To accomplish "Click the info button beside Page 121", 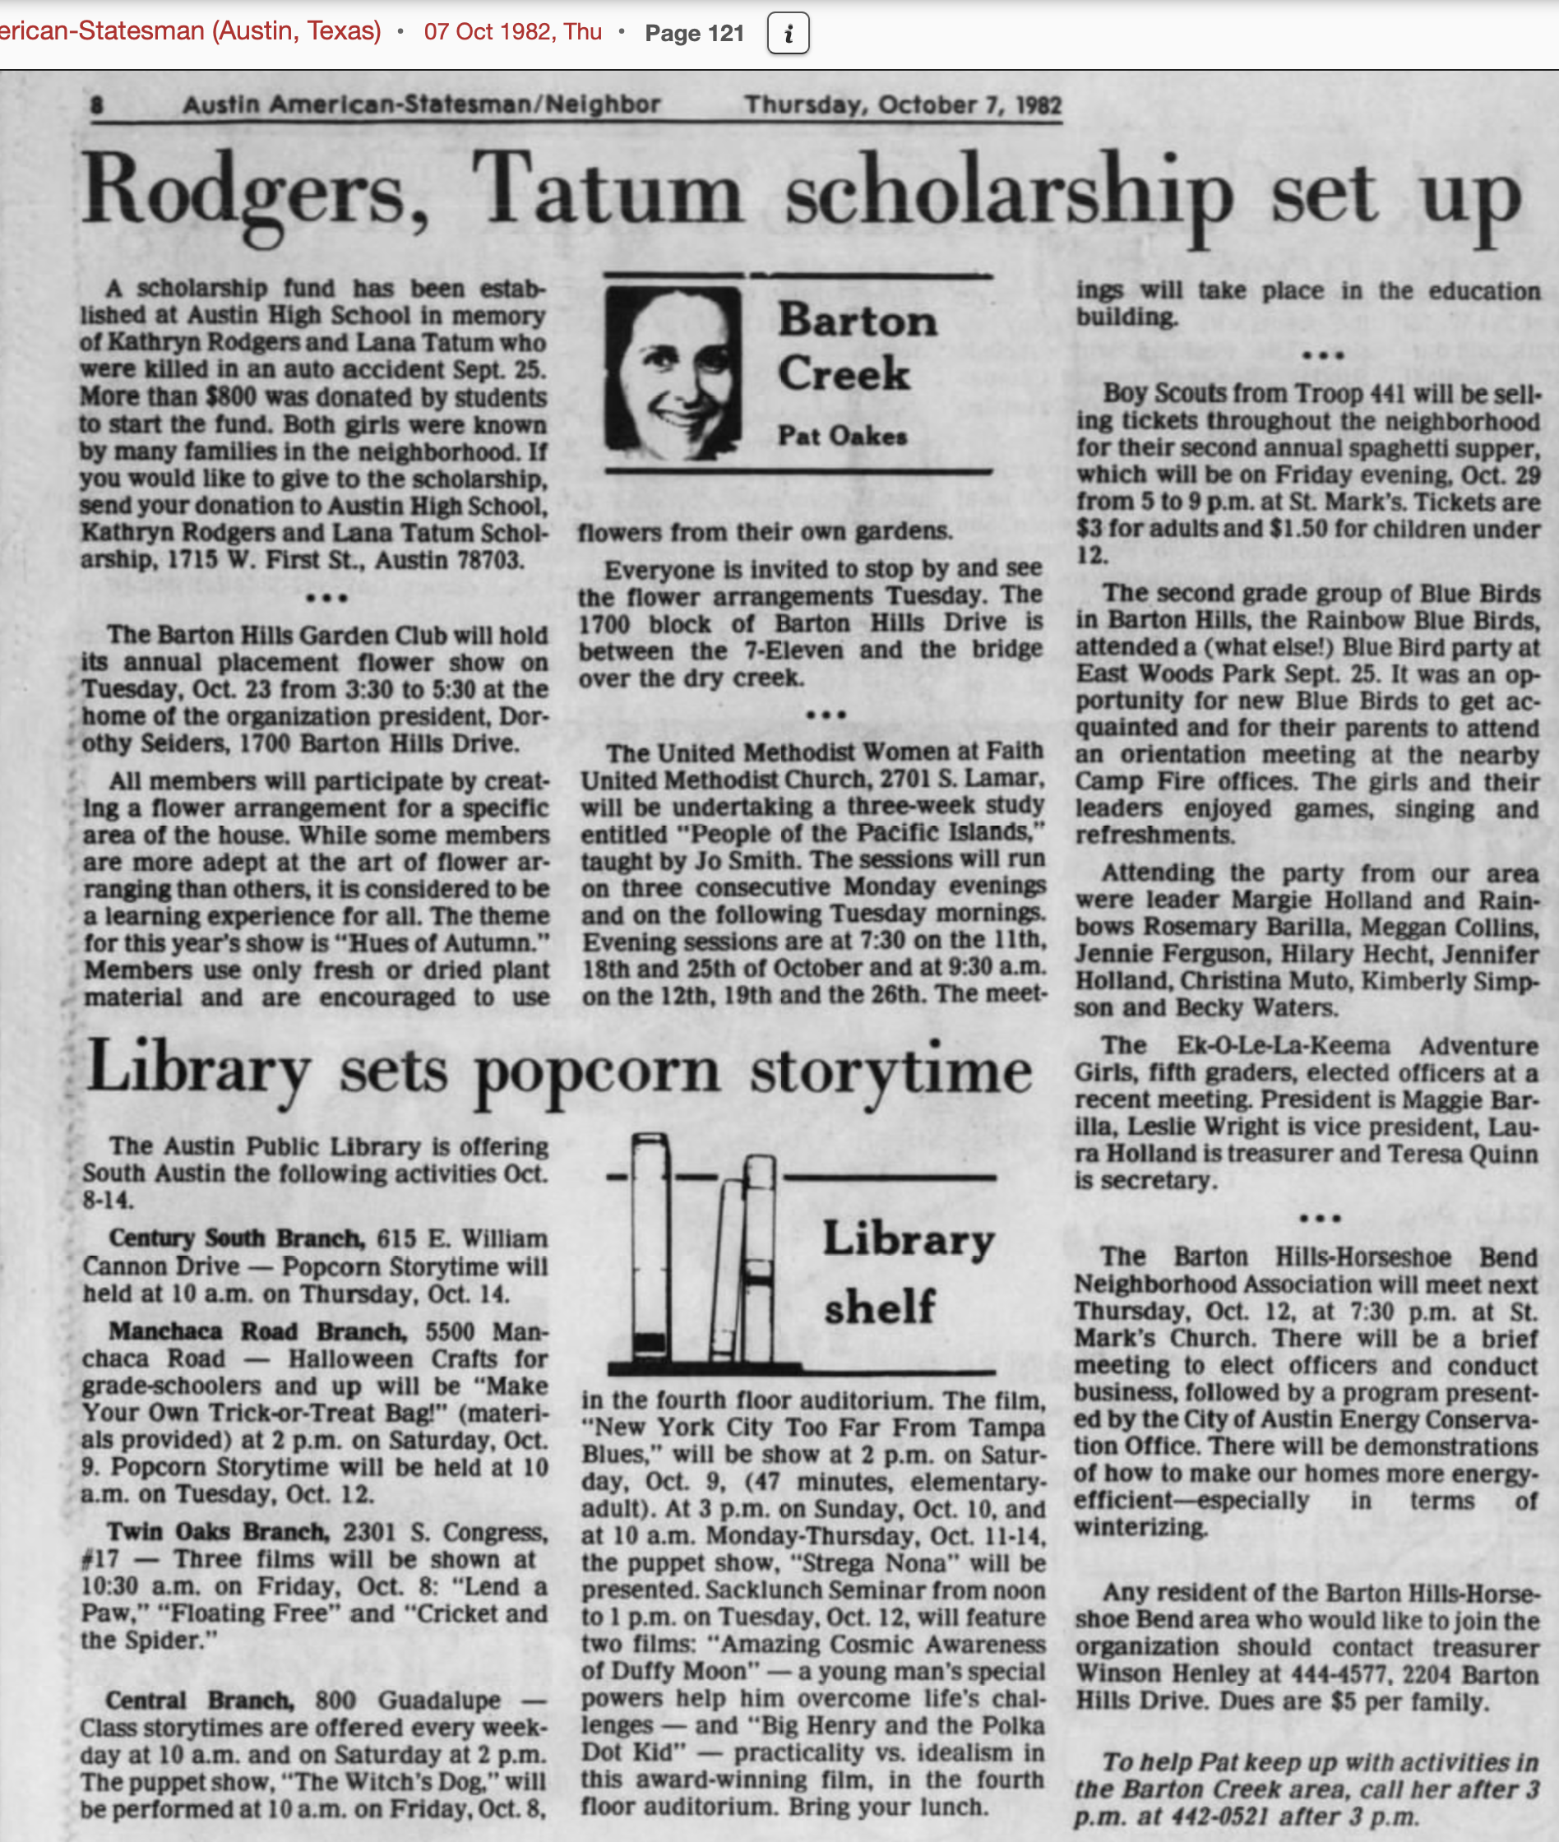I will [x=788, y=34].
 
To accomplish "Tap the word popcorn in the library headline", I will [x=597, y=1071].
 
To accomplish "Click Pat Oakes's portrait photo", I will [x=673, y=373].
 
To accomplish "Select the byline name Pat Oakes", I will [x=841, y=436].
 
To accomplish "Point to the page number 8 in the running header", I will [x=97, y=105].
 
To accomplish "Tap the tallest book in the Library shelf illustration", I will [x=649, y=1247].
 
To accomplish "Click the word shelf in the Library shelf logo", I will [x=878, y=1307].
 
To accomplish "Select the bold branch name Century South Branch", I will [x=235, y=1238].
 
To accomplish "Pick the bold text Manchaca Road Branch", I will [x=257, y=1331].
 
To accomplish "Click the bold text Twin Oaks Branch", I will [x=217, y=1532].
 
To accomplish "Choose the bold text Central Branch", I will [x=199, y=1701].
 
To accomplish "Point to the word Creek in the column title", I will [x=843, y=373].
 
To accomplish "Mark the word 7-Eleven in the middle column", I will [x=793, y=650].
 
